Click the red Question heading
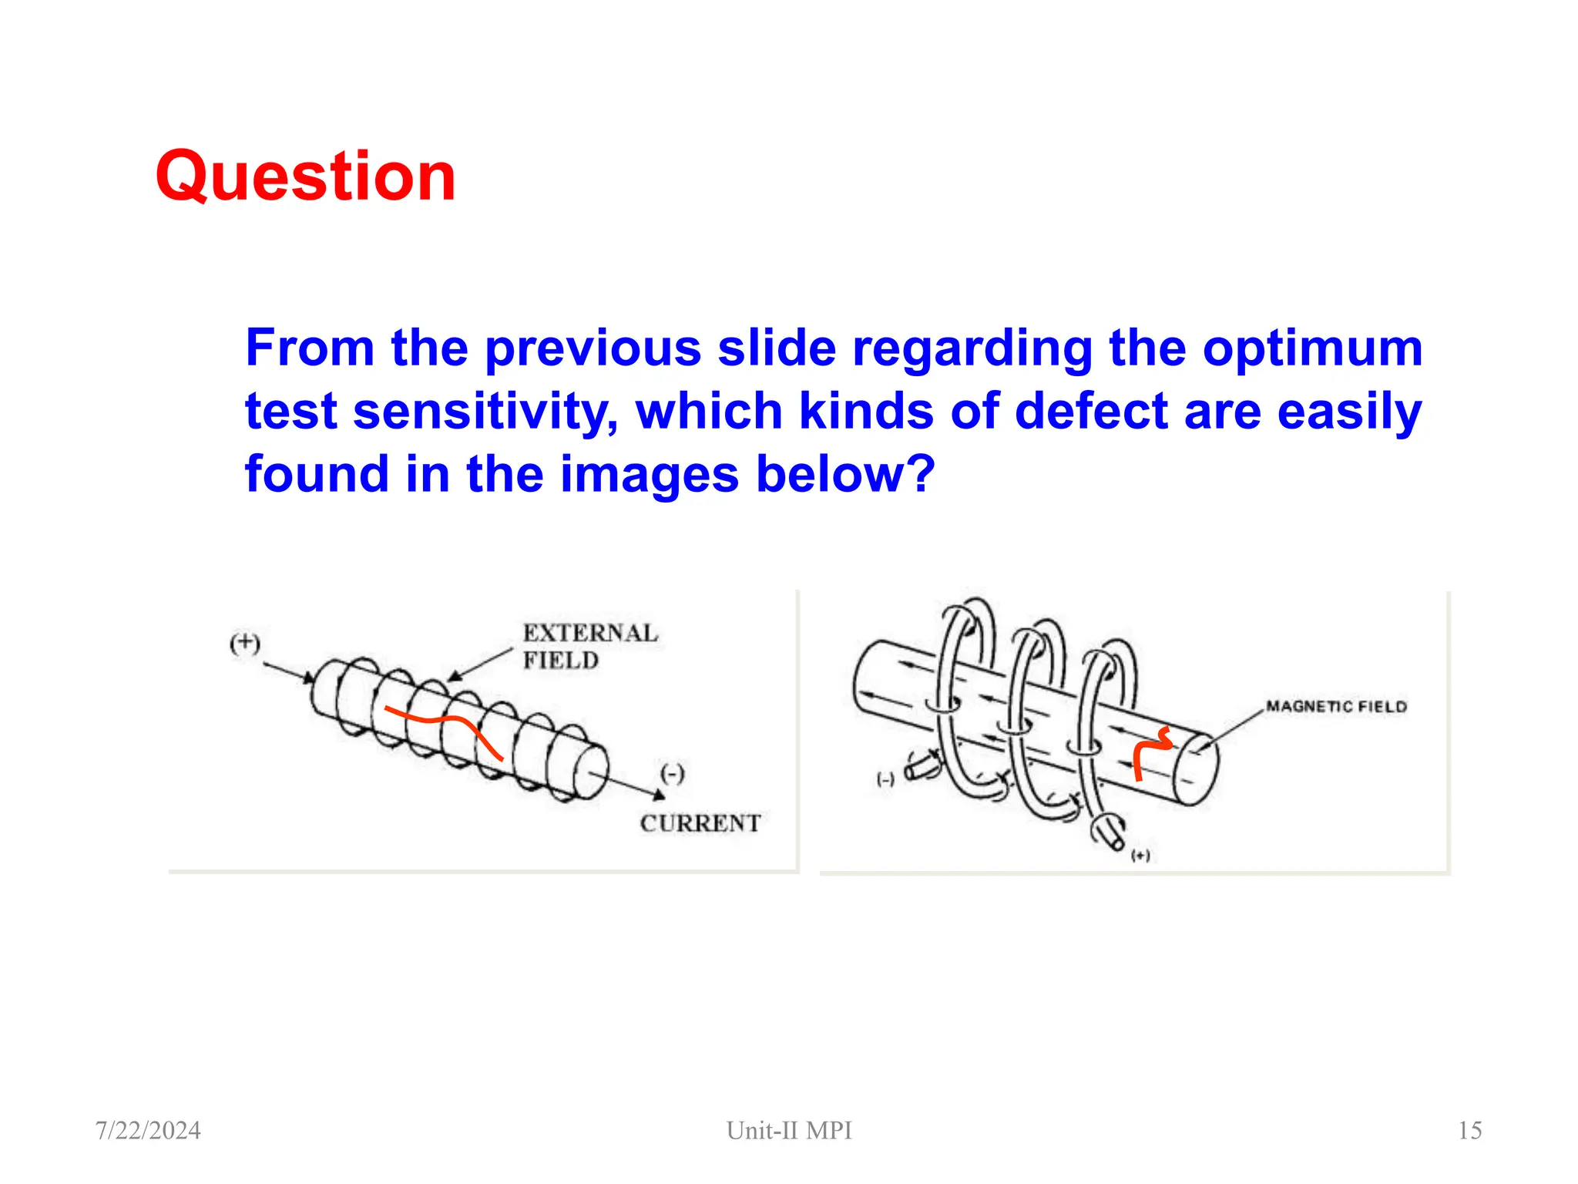click(305, 177)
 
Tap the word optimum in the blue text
click(1312, 348)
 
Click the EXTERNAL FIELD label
click(589, 647)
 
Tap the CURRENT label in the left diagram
click(700, 823)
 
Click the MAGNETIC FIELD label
click(1336, 707)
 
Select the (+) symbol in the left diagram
click(245, 644)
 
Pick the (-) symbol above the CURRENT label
click(672, 773)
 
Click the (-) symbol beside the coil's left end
click(885, 779)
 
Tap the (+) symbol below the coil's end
click(1140, 856)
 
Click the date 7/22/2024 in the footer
click(148, 1130)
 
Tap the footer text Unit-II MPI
click(789, 1130)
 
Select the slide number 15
click(1469, 1130)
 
